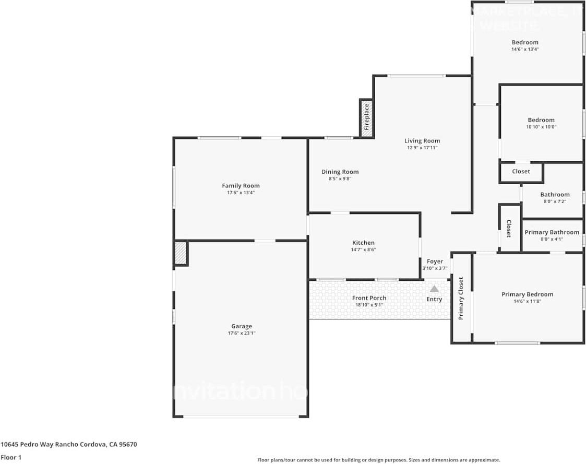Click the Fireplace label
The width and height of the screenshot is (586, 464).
click(366, 117)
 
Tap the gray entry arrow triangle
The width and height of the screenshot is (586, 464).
click(434, 289)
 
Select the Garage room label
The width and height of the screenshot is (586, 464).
click(241, 326)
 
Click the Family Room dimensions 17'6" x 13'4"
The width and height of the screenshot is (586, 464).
click(241, 193)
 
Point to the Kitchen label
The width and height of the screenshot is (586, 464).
click(363, 243)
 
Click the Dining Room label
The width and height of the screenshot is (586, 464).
click(340, 172)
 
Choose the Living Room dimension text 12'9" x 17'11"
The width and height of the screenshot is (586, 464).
click(422, 148)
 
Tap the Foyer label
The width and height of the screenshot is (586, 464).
click(435, 261)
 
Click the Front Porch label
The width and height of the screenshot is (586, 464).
click(369, 298)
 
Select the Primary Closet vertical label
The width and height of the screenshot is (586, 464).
click(461, 298)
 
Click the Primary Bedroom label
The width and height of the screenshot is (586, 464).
click(527, 294)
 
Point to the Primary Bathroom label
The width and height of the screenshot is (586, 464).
click(552, 232)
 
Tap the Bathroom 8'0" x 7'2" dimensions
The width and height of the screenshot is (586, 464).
click(555, 201)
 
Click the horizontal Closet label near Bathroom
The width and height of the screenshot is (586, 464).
click(521, 171)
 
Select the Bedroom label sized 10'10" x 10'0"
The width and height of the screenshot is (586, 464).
click(541, 120)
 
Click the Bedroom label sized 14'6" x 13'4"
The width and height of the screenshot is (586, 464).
click(525, 42)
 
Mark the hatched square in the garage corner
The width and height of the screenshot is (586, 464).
click(181, 253)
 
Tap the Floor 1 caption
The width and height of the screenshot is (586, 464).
click(11, 457)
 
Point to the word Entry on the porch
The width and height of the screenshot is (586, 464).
click(434, 299)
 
